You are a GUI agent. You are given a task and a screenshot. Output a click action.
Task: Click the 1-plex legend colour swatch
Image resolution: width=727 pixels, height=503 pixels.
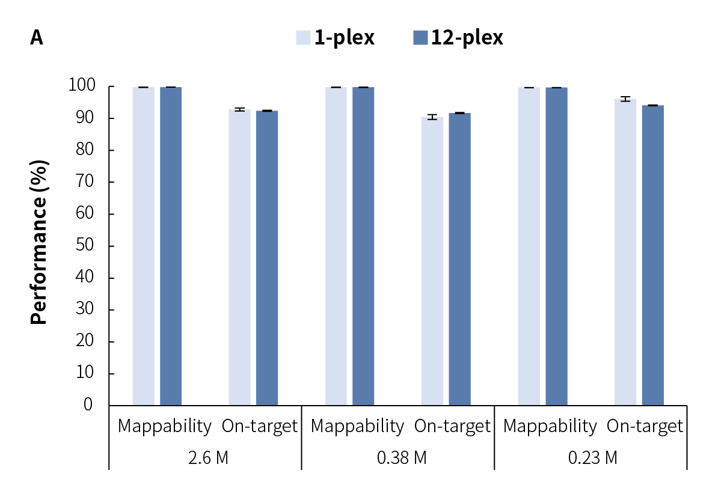click(x=303, y=38)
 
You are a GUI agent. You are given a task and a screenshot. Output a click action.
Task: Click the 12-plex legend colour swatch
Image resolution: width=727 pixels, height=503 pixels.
click(x=420, y=38)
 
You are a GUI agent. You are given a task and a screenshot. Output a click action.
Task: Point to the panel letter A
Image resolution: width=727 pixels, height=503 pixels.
click(x=37, y=38)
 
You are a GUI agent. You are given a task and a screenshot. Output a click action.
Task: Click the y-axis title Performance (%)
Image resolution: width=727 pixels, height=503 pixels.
click(x=39, y=242)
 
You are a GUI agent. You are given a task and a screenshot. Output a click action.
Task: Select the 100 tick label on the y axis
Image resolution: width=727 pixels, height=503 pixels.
click(x=81, y=87)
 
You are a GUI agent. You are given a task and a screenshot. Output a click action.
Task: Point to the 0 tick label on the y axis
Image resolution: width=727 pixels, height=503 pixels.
click(x=88, y=404)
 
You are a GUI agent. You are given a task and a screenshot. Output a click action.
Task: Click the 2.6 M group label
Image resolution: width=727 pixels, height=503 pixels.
click(x=208, y=458)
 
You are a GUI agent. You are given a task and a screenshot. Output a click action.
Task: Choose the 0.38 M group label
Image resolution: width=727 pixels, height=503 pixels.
click(x=402, y=458)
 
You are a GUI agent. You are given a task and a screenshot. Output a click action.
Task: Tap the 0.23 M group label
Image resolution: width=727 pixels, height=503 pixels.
click(x=593, y=458)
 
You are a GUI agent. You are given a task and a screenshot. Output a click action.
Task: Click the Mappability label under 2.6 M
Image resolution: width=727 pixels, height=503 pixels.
click(x=164, y=426)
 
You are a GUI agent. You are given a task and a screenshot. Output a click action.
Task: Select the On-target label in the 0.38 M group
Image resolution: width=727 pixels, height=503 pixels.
click(x=452, y=426)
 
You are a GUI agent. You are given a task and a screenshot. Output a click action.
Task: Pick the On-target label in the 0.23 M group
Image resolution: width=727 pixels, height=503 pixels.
click(x=645, y=426)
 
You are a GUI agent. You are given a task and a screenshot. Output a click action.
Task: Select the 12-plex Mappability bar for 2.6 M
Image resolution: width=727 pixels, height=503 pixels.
click(x=171, y=246)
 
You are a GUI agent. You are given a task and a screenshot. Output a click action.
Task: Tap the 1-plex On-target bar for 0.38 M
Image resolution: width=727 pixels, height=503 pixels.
click(x=432, y=261)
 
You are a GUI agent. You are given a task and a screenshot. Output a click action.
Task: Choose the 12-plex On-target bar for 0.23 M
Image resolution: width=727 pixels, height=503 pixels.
click(x=652, y=255)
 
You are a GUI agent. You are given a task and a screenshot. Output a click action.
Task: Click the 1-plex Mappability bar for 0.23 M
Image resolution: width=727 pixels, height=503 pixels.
click(x=529, y=246)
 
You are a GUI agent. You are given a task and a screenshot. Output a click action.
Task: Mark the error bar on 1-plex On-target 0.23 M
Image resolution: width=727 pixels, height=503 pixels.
click(x=625, y=99)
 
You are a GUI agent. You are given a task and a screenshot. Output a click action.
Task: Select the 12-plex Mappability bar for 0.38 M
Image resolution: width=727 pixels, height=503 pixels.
click(x=363, y=246)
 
